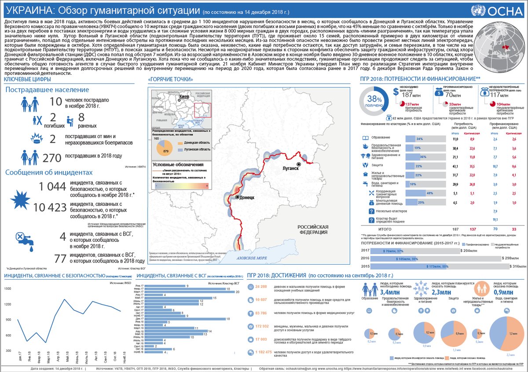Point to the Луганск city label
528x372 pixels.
pyautogui.click(x=290, y=168)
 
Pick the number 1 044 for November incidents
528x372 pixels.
pyautogui.click(x=52, y=187)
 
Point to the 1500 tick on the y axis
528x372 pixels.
pyautogui.click(x=8, y=288)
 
